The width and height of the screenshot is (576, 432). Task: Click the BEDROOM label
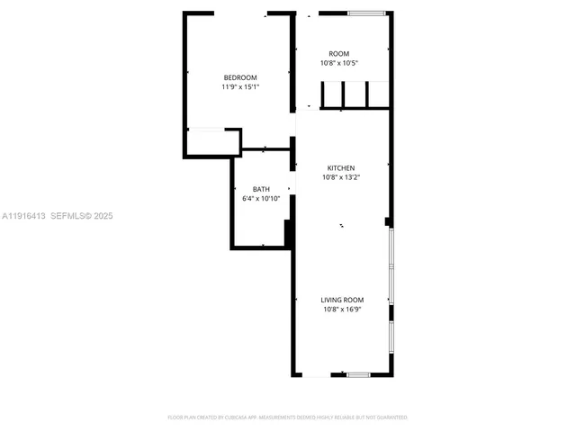pos(240,77)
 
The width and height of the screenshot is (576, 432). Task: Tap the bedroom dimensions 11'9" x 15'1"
pos(240,87)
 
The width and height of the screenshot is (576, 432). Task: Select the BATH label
pos(261,189)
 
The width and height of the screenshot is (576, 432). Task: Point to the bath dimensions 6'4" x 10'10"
pos(261,199)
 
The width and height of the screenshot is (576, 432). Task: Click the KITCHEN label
pos(340,168)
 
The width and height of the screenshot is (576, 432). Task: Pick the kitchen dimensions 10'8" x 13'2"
pos(340,178)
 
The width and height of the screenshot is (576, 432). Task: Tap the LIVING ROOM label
pos(342,300)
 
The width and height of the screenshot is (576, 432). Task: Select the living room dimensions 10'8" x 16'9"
pos(342,310)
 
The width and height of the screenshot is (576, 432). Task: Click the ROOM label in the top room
pos(338,54)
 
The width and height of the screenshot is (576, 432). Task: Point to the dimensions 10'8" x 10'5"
pos(338,64)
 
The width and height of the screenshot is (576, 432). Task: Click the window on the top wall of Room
pos(367,13)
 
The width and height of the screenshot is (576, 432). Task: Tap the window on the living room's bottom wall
pos(358,374)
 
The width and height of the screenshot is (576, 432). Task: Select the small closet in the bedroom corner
pos(212,142)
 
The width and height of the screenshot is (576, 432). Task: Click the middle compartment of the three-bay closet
pos(355,94)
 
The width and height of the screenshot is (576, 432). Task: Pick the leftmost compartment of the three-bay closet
pos(332,94)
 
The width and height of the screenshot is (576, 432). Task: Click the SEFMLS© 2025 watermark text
pos(81,216)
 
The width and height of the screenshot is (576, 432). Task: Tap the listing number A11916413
pos(23,216)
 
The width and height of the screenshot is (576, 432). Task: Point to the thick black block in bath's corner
pos(289,232)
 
